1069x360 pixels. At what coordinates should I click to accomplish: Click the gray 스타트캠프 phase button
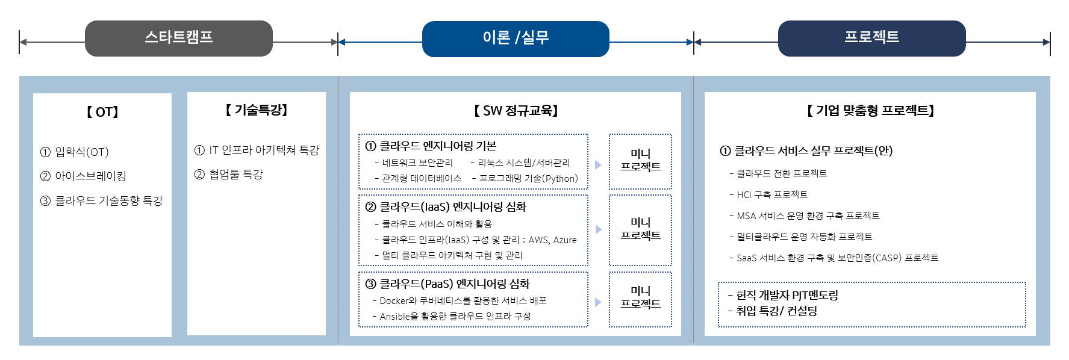pos(179,39)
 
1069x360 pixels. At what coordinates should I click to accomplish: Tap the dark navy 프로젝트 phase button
pos(872,39)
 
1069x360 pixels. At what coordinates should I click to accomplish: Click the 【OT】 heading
pos(102,112)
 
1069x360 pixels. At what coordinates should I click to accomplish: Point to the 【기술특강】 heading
pos(257,110)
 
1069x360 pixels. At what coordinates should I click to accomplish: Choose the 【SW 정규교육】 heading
pos(516,111)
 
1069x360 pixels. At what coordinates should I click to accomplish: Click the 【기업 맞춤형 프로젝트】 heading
pos(870,111)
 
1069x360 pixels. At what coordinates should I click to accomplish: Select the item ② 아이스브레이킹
pos(83,176)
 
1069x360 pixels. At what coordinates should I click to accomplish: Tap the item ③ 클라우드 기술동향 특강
pos(101,201)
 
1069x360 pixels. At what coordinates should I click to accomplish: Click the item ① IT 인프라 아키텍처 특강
pos(257,151)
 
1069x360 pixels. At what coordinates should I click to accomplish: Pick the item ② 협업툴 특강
pos(229,175)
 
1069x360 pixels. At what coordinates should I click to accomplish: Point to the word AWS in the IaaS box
pos(538,240)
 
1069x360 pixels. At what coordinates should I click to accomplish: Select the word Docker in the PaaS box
pos(394,300)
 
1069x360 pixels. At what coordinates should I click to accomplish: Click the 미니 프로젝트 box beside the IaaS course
pos(641,229)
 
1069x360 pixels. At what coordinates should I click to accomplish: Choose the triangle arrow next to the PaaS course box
pos(598,302)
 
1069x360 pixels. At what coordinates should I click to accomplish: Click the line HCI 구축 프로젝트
pos(768,194)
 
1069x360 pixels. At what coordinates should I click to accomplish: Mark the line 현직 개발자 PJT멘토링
pos(783,296)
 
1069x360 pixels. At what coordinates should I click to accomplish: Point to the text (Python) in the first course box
pos(560,179)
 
